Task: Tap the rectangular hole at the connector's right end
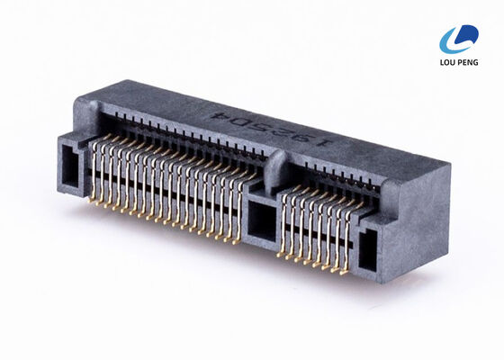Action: click(368, 251)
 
